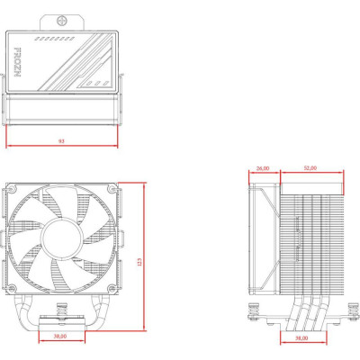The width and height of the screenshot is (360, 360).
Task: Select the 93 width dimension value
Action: tap(60, 141)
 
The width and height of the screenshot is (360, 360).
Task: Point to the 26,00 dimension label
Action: tap(264, 168)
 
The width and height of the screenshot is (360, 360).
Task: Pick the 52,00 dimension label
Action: tap(309, 168)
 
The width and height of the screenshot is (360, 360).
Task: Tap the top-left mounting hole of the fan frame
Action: tap(14, 190)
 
